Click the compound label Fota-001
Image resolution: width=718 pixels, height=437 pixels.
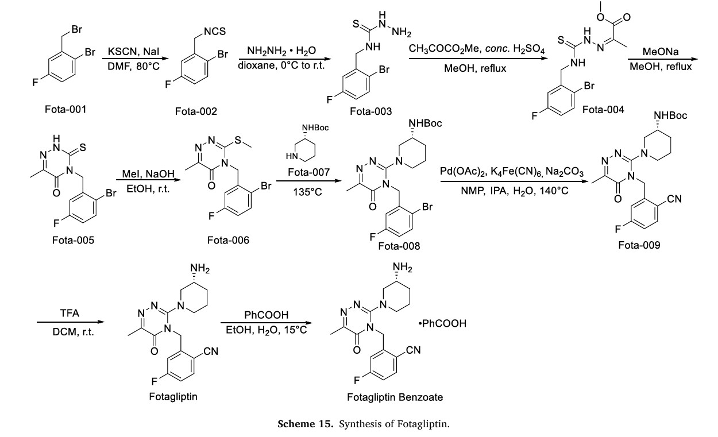(x=66, y=109)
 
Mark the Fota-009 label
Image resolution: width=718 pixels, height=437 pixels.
(x=639, y=245)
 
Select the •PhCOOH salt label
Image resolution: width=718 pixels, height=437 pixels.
(x=443, y=324)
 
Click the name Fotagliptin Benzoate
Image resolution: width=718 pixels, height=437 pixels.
(x=395, y=397)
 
